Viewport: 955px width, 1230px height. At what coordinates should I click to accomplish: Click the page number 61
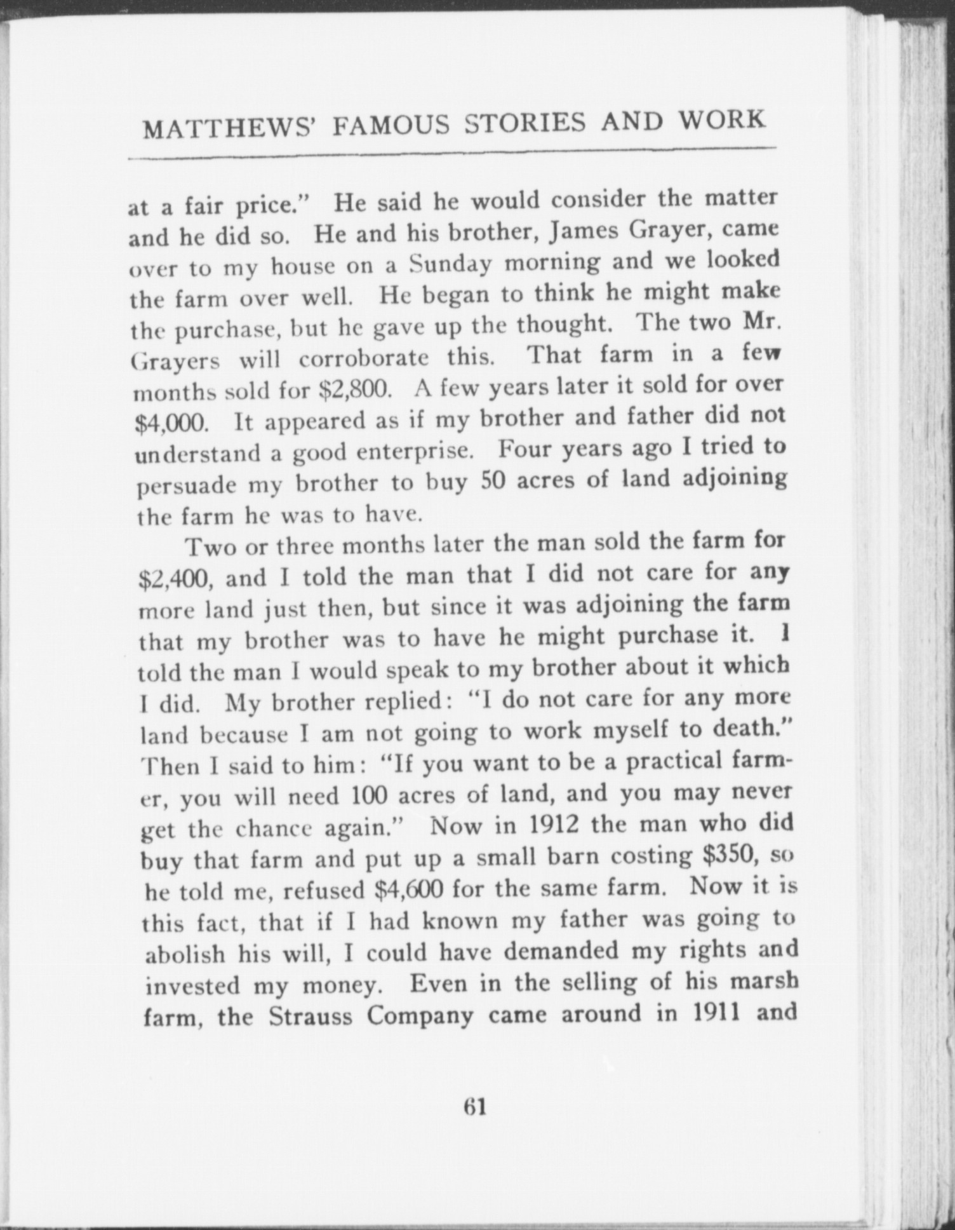tap(475, 1107)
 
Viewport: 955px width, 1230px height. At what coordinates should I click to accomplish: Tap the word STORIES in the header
tap(524, 123)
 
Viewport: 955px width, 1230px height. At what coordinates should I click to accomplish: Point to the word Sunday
tap(450, 264)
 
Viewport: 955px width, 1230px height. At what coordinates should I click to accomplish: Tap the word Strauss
tap(312, 1016)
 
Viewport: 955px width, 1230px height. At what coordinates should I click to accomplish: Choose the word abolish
tap(184, 954)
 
